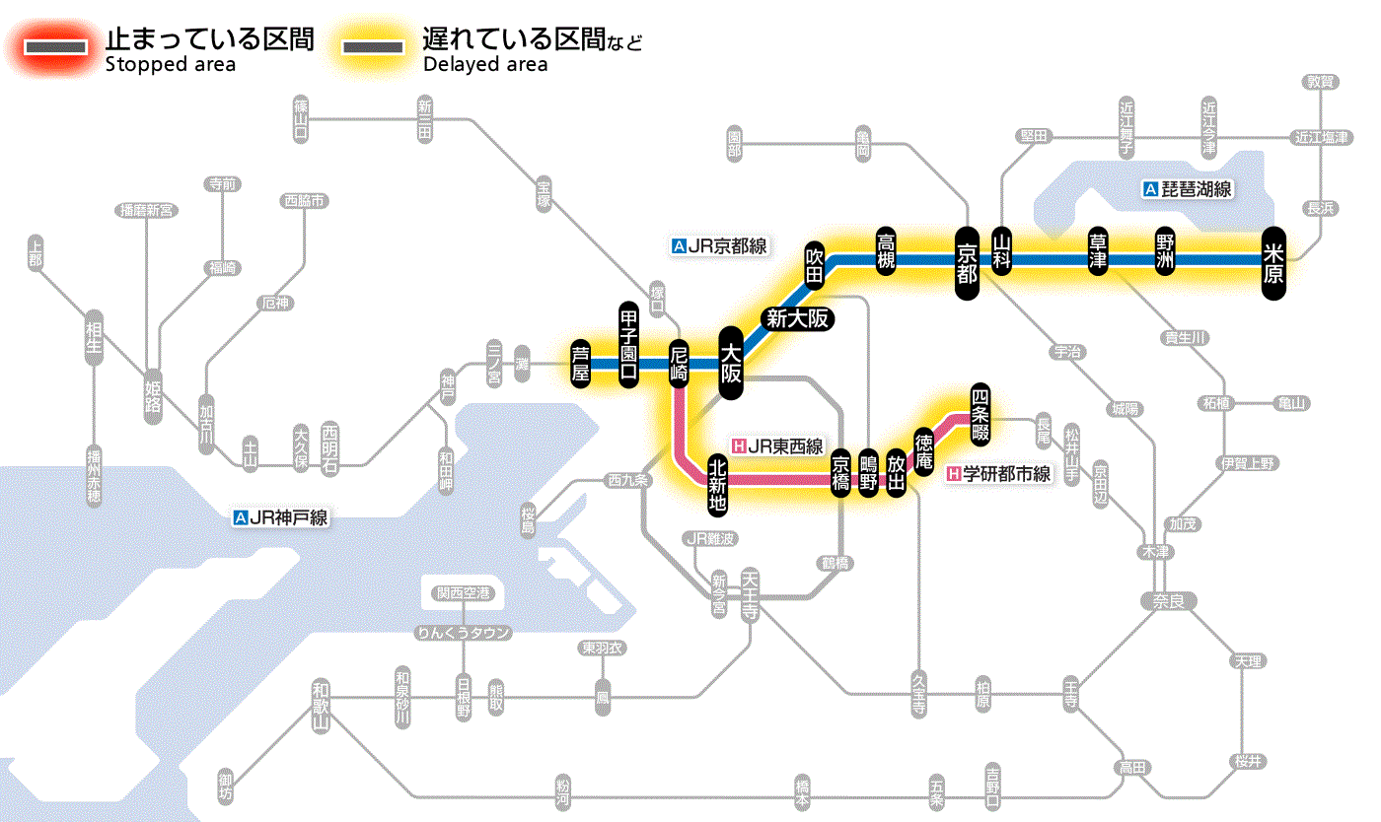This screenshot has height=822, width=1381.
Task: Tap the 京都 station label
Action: (x=967, y=260)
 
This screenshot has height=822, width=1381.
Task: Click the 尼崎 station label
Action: (x=679, y=363)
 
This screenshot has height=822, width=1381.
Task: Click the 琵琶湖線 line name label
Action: (x=1188, y=189)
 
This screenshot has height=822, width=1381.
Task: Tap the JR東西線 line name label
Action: (x=777, y=446)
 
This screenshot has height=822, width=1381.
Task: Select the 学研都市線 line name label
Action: (x=998, y=474)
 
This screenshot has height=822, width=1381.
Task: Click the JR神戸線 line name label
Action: (x=280, y=516)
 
